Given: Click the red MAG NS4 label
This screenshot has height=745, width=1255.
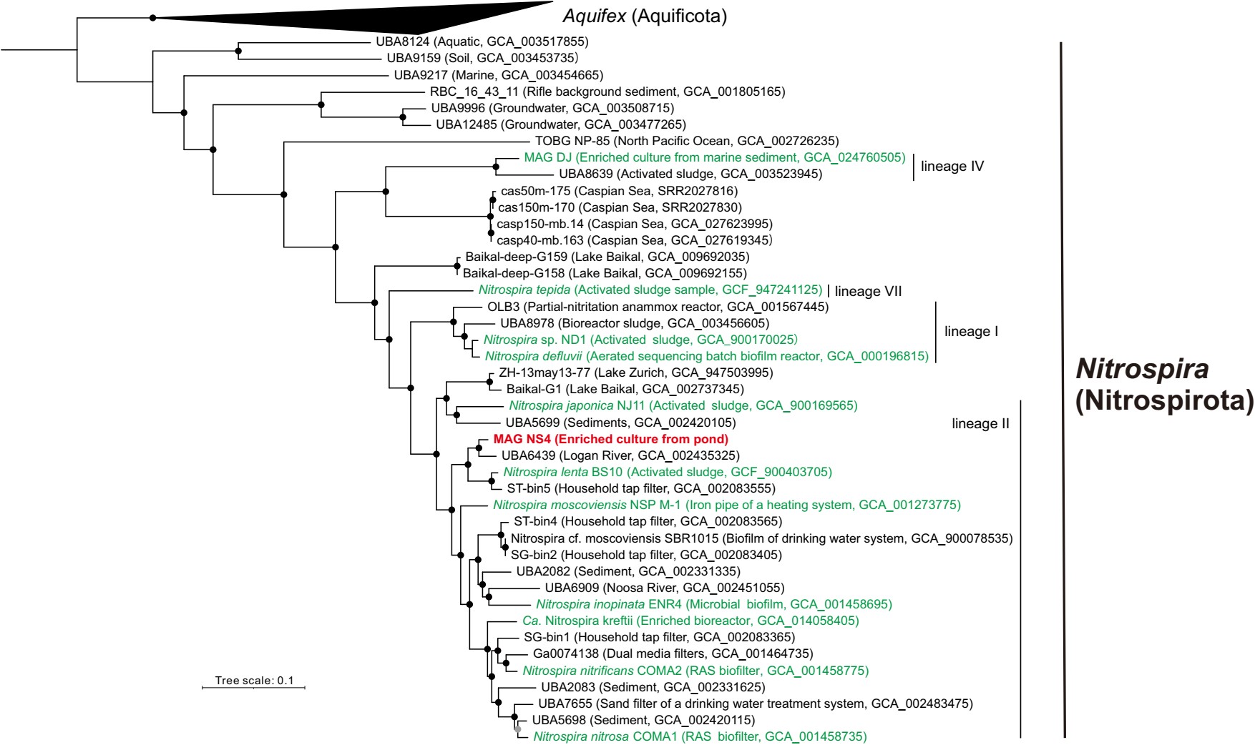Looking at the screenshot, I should [x=610, y=439].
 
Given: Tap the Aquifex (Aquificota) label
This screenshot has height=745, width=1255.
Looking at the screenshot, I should [x=645, y=16].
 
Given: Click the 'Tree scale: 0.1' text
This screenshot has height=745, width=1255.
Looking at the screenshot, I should [x=254, y=681].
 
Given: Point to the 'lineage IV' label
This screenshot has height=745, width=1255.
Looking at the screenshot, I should [x=952, y=167].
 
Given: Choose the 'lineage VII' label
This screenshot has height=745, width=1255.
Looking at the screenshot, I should [x=868, y=291].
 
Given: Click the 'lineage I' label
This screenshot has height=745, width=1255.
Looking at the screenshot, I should [x=971, y=332].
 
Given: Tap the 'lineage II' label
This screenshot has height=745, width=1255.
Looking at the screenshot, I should [x=980, y=424].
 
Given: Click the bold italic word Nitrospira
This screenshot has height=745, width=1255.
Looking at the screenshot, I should [x=1143, y=370].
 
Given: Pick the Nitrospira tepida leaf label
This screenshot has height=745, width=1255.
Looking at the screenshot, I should [x=650, y=290].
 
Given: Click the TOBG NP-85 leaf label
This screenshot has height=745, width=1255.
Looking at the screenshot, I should [x=687, y=142].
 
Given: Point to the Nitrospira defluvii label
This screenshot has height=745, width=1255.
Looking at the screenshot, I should [x=706, y=356].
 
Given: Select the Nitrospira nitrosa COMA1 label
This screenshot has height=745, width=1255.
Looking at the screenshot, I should [x=700, y=736].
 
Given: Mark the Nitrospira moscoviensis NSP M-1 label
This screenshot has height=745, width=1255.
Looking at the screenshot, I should [x=726, y=505].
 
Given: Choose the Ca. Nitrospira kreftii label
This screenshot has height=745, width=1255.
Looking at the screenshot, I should [x=690, y=621].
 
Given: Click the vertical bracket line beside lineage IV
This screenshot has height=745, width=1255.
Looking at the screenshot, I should [x=914, y=167].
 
